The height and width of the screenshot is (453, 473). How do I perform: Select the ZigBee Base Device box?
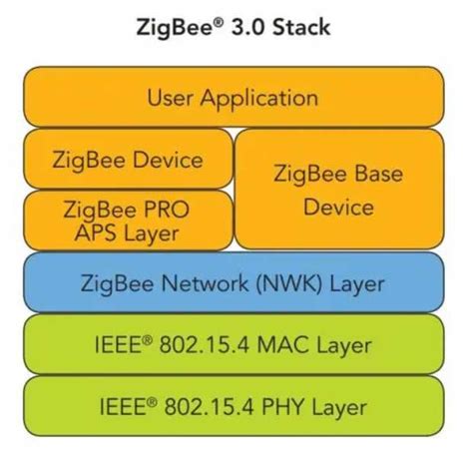(x=337, y=190)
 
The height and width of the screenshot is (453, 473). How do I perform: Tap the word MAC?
(x=284, y=345)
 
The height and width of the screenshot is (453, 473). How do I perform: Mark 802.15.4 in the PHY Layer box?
(x=211, y=407)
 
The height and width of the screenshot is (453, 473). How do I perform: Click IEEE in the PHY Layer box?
(x=118, y=407)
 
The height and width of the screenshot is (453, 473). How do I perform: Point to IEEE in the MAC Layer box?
(x=118, y=345)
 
